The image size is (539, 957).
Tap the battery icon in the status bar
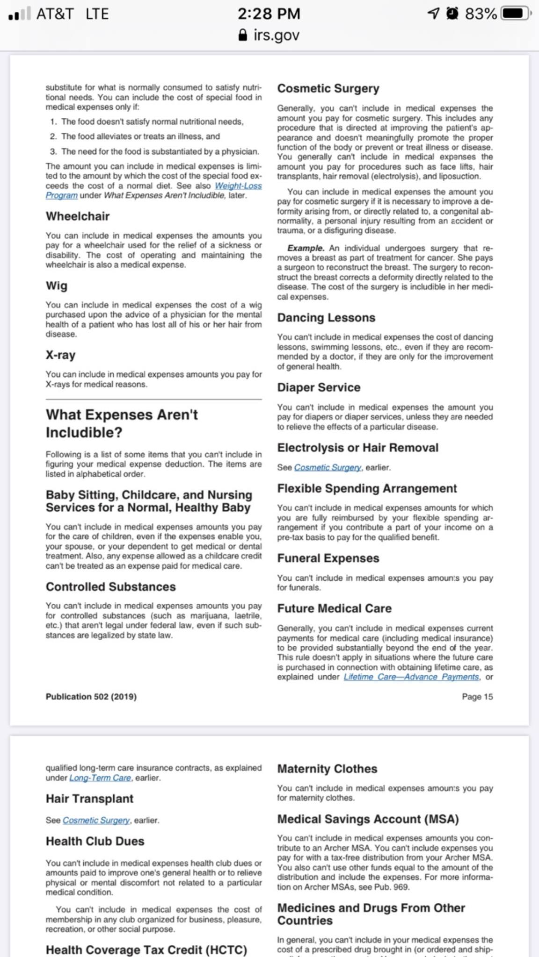click(515, 14)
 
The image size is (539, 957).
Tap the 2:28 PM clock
click(269, 14)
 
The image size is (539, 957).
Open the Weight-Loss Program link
click(238, 186)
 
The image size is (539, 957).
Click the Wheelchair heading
click(78, 216)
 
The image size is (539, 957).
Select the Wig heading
click(57, 286)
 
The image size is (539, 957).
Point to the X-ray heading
click(60, 355)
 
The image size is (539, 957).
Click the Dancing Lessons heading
click(326, 318)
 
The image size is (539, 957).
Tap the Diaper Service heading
click(319, 387)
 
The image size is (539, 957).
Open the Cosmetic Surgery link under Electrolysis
click(328, 467)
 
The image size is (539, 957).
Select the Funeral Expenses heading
click(328, 558)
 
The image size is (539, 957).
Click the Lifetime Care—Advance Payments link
click(411, 677)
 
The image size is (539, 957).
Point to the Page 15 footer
click(477, 697)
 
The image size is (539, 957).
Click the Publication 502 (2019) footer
click(91, 697)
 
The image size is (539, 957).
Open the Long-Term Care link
click(100, 778)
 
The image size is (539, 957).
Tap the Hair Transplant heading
click(89, 799)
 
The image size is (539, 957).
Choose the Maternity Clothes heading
click(327, 769)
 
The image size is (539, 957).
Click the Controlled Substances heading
click(111, 587)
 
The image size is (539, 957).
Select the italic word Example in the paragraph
click(306, 248)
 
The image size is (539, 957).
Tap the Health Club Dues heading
click(95, 841)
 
